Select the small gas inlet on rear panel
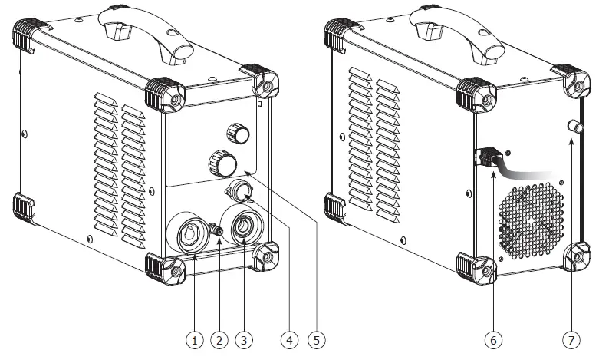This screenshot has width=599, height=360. tap(571, 126)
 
